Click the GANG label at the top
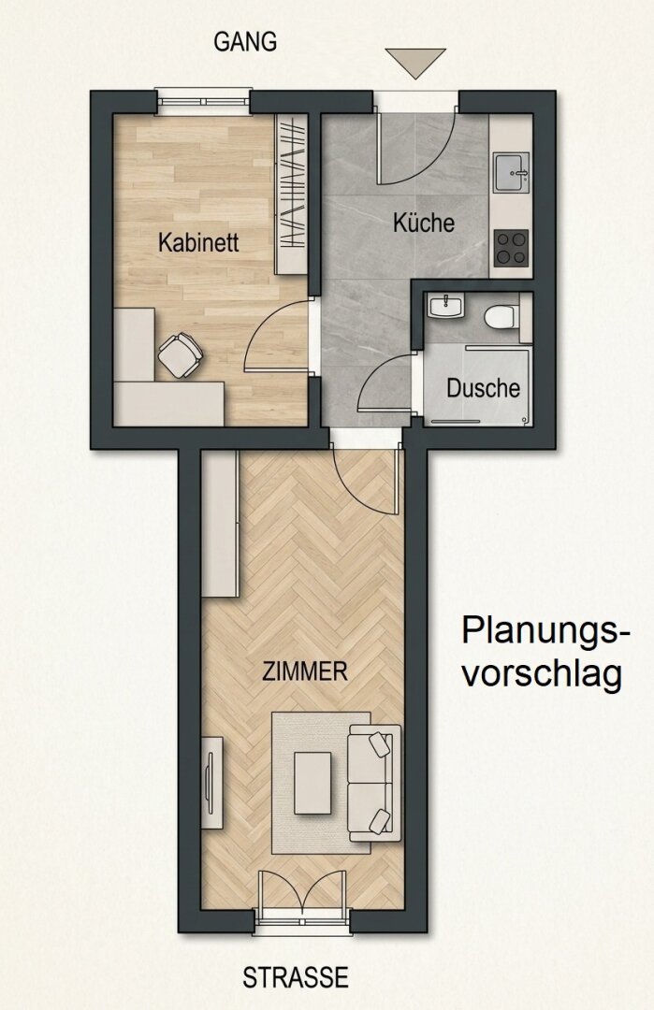coord(245,42)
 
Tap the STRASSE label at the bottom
coord(296,977)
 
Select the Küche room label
coord(424,223)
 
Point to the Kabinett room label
coord(198,243)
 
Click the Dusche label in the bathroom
coord(484,388)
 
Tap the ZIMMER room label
coord(305,671)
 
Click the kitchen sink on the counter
coord(512,172)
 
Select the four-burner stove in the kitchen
coord(511,249)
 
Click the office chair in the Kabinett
coord(180,353)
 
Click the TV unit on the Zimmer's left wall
coord(212,784)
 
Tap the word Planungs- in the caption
coord(545,631)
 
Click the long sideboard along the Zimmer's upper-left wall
coord(221,524)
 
